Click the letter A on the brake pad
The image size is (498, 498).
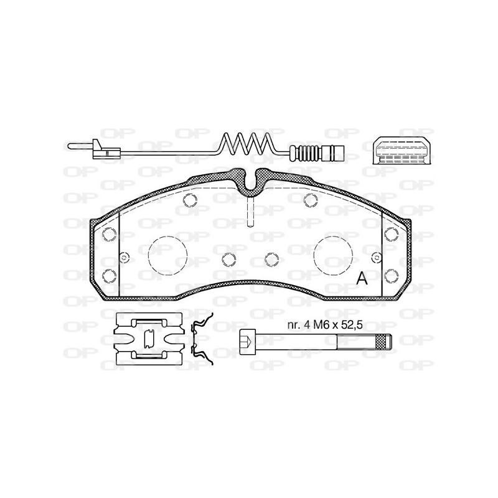click(x=362, y=278)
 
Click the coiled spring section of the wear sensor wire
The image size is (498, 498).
click(x=247, y=144)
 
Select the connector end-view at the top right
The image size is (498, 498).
click(x=402, y=151)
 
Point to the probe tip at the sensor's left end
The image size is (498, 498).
click(x=80, y=146)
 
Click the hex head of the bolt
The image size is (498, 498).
click(x=247, y=342)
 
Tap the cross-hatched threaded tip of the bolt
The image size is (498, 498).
click(x=382, y=342)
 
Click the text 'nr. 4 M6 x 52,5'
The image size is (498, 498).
click(x=325, y=325)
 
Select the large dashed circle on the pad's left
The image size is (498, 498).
click(x=167, y=256)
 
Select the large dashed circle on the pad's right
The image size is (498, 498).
click(x=333, y=256)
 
